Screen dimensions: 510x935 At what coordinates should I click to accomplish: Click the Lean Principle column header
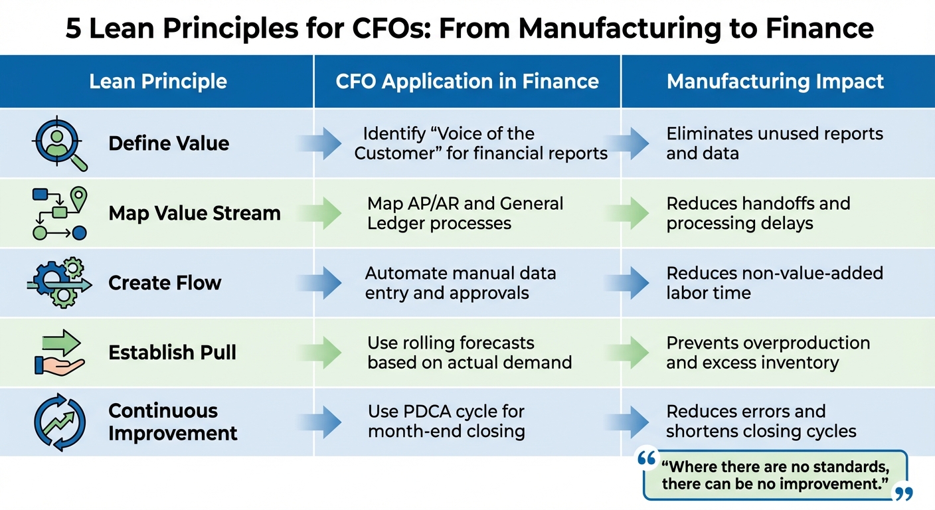click(x=158, y=82)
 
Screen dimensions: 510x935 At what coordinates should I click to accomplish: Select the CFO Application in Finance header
click(x=467, y=82)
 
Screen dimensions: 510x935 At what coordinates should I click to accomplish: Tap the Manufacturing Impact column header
click(x=775, y=82)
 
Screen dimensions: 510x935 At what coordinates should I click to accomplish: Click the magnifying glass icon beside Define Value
click(x=59, y=143)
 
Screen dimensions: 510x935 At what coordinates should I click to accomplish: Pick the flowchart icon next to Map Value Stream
click(x=59, y=213)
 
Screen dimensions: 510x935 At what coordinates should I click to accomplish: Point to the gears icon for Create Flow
click(x=59, y=283)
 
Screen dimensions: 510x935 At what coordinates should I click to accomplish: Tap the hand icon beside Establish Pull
click(x=59, y=353)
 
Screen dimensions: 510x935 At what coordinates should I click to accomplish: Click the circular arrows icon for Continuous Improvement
click(x=59, y=422)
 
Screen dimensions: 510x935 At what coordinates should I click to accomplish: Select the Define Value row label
click(x=169, y=143)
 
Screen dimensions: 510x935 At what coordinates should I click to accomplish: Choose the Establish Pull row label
click(x=172, y=353)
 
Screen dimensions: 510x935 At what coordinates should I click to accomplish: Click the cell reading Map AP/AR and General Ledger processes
click(x=465, y=213)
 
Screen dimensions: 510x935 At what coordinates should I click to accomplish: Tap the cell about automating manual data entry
click(x=460, y=283)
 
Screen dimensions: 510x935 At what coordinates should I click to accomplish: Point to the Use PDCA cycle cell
click(x=446, y=421)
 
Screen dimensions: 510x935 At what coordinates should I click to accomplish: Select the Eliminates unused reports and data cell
click(x=774, y=143)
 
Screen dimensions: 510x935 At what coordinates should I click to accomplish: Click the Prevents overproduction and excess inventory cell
click(x=768, y=353)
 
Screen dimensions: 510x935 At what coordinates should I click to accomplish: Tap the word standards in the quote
click(x=855, y=467)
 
